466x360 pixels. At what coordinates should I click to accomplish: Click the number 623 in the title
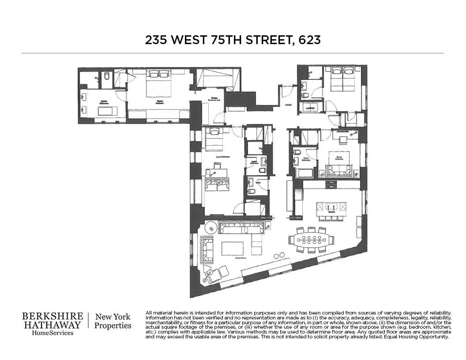(x=309, y=40)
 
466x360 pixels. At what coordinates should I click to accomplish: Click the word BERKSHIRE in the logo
(x=53, y=316)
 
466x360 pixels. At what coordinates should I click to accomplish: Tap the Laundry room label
(x=309, y=107)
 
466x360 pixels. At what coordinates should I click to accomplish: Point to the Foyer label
(x=287, y=105)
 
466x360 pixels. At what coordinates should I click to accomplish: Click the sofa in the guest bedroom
(x=339, y=171)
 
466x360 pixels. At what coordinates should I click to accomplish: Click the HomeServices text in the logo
(x=53, y=333)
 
